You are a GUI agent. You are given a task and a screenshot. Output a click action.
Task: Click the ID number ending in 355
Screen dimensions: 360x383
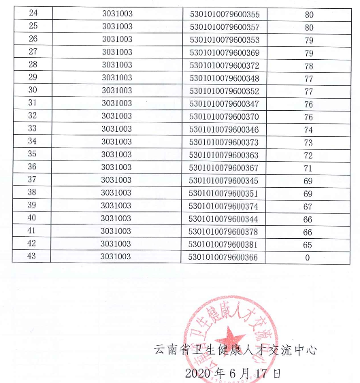click(228, 14)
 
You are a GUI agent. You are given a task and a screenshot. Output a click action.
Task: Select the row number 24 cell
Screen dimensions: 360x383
click(32, 14)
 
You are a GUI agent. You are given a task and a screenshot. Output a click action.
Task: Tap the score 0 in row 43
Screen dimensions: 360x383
click(308, 258)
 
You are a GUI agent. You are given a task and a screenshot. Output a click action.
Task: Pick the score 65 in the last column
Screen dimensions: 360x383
click(308, 244)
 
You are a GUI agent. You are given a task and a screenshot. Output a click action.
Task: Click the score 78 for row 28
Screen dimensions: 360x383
click(308, 65)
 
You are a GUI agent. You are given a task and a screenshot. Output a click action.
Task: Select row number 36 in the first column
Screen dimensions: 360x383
click(32, 167)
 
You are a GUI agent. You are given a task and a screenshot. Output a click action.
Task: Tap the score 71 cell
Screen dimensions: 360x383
click(308, 167)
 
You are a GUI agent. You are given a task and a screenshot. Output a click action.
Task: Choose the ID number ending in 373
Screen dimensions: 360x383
click(228, 141)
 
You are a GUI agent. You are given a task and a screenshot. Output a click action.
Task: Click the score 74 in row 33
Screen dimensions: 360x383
click(308, 129)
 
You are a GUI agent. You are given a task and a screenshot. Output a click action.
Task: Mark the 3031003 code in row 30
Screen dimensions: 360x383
click(116, 90)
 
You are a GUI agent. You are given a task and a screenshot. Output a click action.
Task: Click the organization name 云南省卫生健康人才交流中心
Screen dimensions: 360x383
click(235, 351)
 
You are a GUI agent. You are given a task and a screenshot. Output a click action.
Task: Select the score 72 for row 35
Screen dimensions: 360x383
click(308, 154)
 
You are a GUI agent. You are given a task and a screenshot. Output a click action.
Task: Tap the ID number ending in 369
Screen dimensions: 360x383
click(228, 52)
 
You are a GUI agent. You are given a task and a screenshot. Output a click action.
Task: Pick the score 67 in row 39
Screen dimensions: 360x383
click(308, 205)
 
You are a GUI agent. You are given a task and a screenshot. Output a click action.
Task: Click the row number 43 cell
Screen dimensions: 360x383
click(32, 258)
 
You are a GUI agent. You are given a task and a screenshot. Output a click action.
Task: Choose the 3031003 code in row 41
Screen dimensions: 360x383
click(116, 231)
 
